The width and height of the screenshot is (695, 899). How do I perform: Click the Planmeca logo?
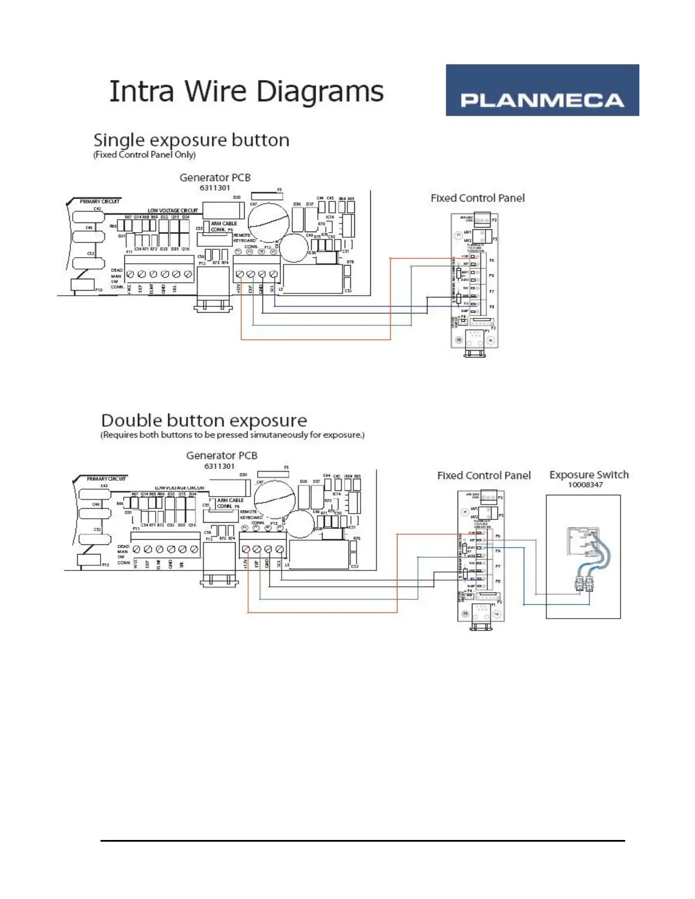coord(542,90)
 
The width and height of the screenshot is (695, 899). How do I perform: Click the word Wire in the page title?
coord(216,91)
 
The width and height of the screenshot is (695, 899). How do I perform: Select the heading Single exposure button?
coord(191,140)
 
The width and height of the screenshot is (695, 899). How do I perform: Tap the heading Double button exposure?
coord(204,421)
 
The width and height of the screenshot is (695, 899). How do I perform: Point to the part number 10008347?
coord(585,485)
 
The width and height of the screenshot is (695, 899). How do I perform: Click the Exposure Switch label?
coord(589,474)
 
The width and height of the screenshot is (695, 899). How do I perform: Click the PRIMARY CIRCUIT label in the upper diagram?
coord(99,201)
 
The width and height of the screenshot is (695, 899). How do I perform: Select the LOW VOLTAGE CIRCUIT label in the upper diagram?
coord(173,211)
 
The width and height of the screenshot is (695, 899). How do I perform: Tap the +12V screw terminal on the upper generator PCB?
coord(240,274)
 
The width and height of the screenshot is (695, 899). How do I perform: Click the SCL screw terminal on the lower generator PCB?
coord(279,549)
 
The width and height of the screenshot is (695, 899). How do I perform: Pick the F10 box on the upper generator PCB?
coord(83,285)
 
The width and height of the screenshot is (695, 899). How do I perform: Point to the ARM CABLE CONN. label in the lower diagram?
coord(230,503)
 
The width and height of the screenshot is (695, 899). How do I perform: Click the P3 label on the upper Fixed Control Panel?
coord(494,220)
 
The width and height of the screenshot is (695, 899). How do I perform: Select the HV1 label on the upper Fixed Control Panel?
coord(467,233)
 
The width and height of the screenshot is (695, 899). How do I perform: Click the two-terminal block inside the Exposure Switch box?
coord(584,583)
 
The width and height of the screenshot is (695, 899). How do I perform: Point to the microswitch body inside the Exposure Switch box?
coord(581,541)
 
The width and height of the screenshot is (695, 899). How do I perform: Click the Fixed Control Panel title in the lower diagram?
coord(484,476)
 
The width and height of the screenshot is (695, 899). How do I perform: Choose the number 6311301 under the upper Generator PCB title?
coord(215,188)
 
